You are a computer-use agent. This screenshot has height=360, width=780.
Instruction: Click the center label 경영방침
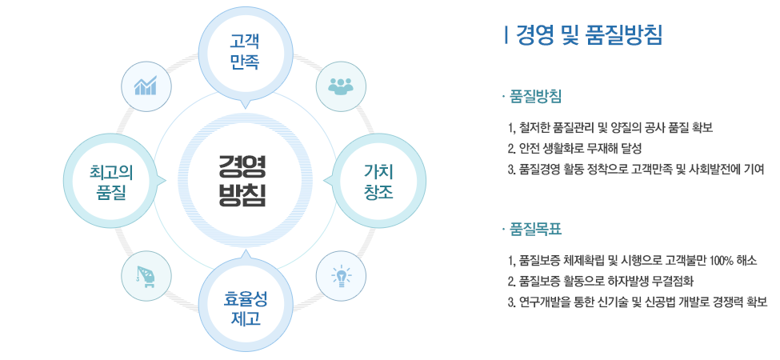coord(242,181)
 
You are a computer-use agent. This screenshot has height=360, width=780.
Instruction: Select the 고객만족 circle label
coord(244,51)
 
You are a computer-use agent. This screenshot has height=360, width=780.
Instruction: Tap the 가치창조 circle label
coord(378,181)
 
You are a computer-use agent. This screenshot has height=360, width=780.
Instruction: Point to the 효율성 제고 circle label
coord(246,308)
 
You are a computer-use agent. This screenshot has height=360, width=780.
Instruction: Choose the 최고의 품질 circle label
coord(111,181)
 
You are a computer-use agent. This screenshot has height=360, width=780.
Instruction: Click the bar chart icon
coord(146,86)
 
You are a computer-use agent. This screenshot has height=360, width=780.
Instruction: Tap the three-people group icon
coord(341,86)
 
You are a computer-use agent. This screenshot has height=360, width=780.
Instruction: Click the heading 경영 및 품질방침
coord(590,35)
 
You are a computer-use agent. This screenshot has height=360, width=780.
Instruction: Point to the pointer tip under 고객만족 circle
coord(243,107)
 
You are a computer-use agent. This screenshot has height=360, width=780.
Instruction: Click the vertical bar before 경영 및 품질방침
coord(506,35)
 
